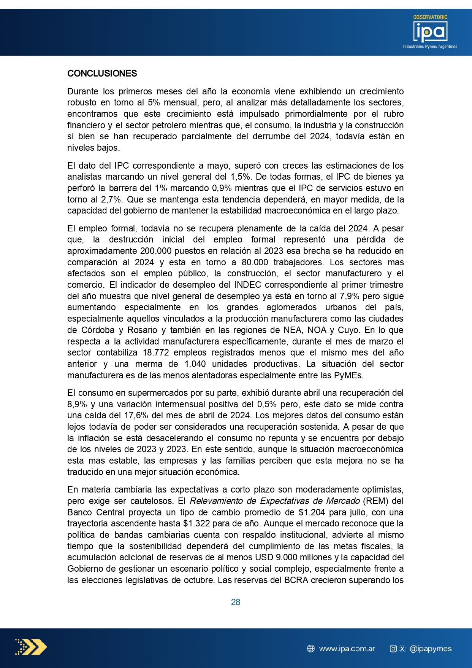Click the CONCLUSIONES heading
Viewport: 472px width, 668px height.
pyautogui.click(x=102, y=73)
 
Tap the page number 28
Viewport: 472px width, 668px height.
pyautogui.click(x=236, y=602)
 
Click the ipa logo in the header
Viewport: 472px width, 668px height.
pyautogui.click(x=430, y=32)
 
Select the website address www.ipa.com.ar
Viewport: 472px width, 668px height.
pyautogui.click(x=347, y=649)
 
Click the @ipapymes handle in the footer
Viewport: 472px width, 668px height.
pyautogui.click(x=431, y=649)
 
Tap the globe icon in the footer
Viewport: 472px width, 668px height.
pyautogui.click(x=310, y=649)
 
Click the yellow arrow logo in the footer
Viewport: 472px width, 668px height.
pyautogui.click(x=31, y=647)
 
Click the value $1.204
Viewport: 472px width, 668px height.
pyautogui.click(x=311, y=512)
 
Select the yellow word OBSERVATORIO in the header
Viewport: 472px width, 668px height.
pyautogui.click(x=430, y=17)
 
